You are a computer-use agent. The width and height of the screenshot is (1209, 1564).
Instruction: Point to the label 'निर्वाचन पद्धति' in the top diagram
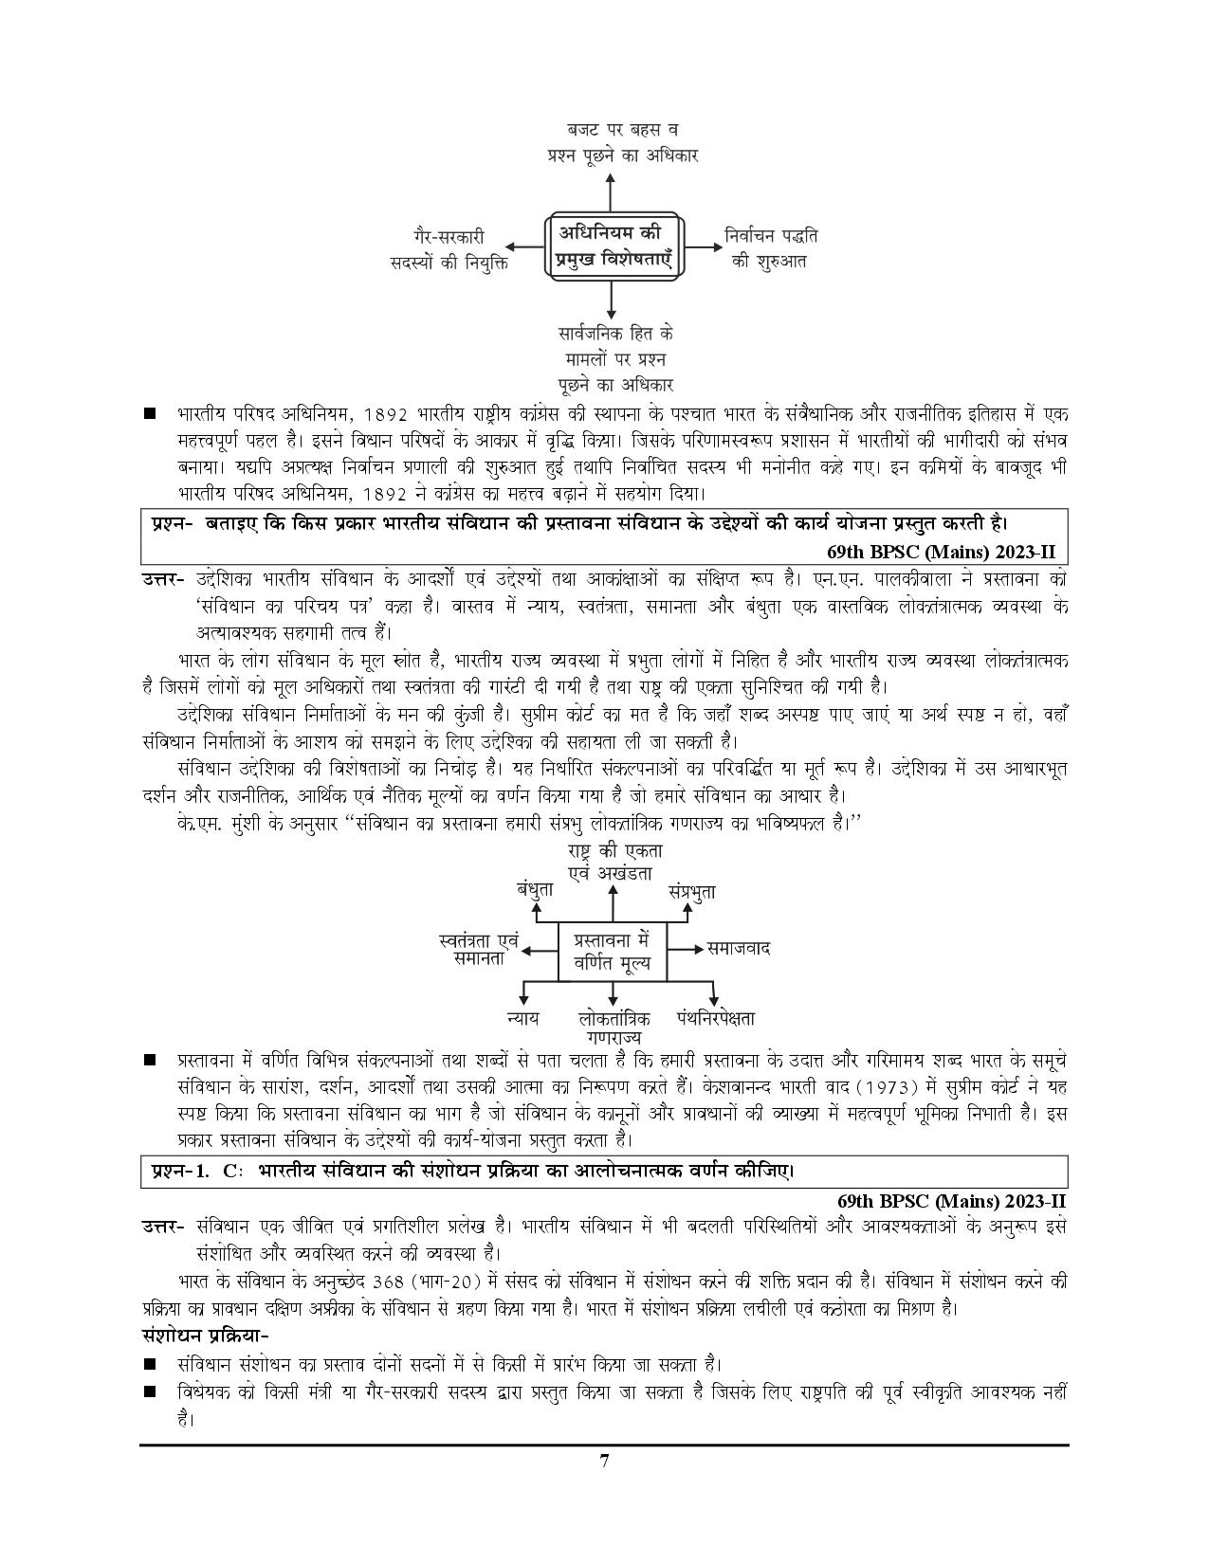pos(770,235)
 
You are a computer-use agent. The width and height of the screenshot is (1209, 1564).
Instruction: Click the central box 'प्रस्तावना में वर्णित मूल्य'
pos(612,952)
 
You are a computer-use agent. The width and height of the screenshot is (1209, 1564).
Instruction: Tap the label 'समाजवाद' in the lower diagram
pos(739,948)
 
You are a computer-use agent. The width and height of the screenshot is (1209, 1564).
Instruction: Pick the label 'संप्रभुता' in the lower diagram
pos(691,891)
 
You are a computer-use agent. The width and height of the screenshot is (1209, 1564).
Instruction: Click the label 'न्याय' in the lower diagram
pos(522,1018)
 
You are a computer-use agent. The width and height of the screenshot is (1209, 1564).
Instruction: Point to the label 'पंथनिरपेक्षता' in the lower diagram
pos(716,1018)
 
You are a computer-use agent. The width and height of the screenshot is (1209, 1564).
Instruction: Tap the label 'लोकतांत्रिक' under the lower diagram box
pos(614,1018)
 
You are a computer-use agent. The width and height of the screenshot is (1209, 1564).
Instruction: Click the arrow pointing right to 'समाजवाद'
pos(686,949)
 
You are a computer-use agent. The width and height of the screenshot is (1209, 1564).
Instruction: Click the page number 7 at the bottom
pos(603,1486)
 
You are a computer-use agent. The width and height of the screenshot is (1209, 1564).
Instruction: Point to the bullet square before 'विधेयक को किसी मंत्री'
pos(149,1392)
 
